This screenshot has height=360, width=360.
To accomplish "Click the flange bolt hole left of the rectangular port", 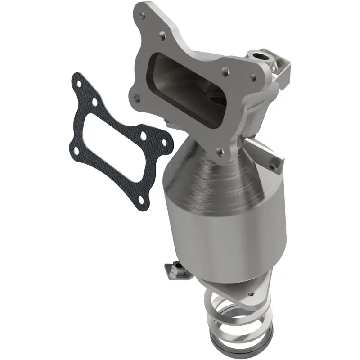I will coord(137,96).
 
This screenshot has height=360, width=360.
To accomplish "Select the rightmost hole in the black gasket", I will coord(164,143).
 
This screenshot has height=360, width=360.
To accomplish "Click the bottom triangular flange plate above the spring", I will coord(234,288).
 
